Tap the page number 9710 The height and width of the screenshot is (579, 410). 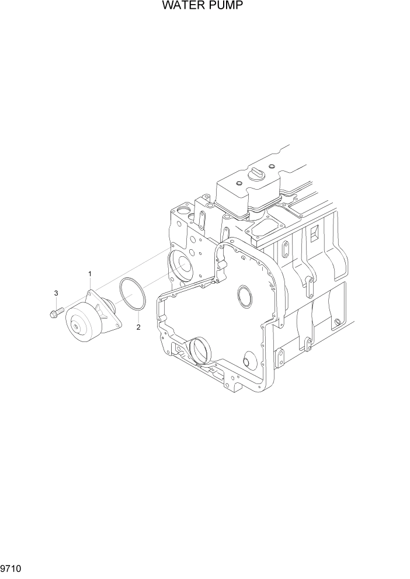pyautogui.click(x=11, y=568)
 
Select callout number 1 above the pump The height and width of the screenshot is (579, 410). pyautogui.click(x=89, y=274)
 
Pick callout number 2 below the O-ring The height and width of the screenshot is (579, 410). pyautogui.click(x=138, y=327)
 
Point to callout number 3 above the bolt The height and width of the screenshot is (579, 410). pyautogui.click(x=56, y=293)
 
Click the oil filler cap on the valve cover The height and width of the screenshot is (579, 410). pyautogui.click(x=256, y=173)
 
